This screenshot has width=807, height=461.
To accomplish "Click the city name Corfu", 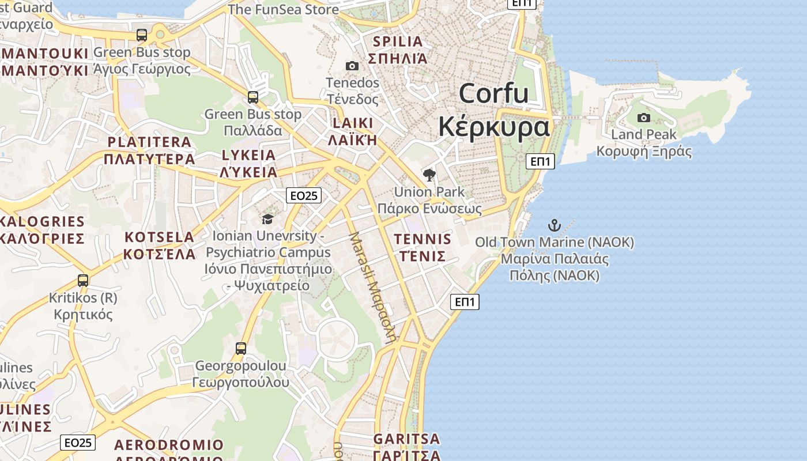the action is [x=494, y=93].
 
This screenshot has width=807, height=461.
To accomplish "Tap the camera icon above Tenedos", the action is [x=352, y=66].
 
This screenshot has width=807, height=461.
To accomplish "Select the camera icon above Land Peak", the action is [x=644, y=118].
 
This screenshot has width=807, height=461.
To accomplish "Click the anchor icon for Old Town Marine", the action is [x=554, y=225].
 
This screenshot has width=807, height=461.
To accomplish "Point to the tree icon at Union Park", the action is [x=429, y=175].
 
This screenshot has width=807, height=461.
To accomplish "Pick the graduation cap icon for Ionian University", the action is [x=267, y=219].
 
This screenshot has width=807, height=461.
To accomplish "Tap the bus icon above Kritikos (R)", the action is [x=83, y=281].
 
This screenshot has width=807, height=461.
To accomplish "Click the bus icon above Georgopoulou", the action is [x=241, y=348].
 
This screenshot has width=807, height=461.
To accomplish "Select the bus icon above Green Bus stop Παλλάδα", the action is [x=253, y=97].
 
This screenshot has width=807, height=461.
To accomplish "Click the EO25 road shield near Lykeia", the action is [x=304, y=196].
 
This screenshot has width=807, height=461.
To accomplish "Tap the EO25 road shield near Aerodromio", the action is [x=78, y=443].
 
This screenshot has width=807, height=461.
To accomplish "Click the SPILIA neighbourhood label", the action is [x=398, y=41].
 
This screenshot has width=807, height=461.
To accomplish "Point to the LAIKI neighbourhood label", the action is [x=353, y=123].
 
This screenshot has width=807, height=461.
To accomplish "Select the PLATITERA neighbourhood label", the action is [x=149, y=142].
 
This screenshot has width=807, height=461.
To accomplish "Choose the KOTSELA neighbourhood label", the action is [x=160, y=237].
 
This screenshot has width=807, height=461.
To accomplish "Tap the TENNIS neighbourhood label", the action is [x=423, y=239].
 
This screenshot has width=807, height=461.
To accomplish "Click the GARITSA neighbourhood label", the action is [x=406, y=439].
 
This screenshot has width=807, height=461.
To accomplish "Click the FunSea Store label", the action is [x=283, y=9].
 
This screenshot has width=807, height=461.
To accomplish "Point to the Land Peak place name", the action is [x=643, y=134].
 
